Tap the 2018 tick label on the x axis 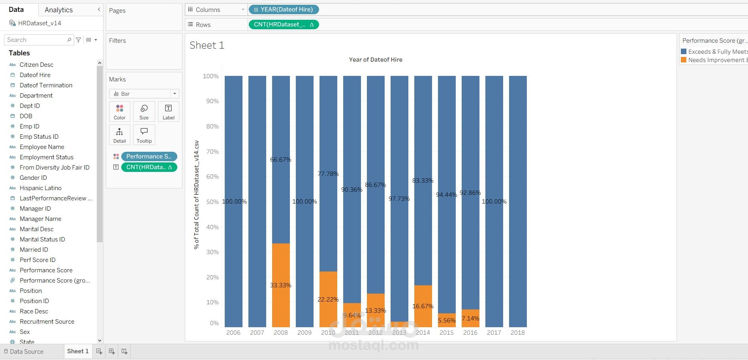[517, 333]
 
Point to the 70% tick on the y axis [212, 151]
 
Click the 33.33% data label [280, 285]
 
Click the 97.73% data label [399, 198]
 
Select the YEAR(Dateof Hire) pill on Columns [284, 9]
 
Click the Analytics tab [58, 10]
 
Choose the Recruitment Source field [47, 322]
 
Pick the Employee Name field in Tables [42, 147]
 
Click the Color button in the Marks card [120, 111]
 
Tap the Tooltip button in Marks [144, 135]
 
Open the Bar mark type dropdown [144, 94]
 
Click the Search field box [36, 40]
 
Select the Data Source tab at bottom [26, 351]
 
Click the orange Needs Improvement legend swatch [684, 60]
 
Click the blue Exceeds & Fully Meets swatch [684, 52]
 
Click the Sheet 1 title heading [207, 45]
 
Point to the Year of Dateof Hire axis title [376, 60]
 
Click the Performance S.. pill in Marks [149, 156]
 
